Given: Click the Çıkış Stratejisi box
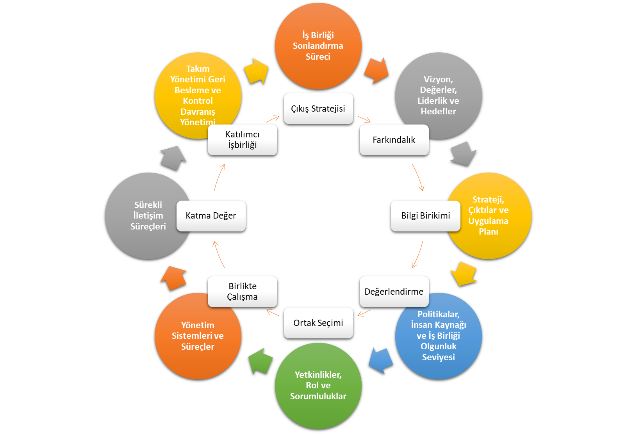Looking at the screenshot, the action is click(318, 108).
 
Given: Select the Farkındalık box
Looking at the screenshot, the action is click(394, 140).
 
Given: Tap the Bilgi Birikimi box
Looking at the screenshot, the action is click(425, 216).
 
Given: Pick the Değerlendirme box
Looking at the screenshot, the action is click(394, 292).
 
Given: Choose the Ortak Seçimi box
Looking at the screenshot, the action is click(318, 323).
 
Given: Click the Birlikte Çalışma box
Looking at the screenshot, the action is click(243, 292).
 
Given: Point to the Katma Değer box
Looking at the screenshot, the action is click(211, 216).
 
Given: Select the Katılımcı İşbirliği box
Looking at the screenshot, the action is click(243, 140).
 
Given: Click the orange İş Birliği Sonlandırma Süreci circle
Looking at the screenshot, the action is click(318, 46).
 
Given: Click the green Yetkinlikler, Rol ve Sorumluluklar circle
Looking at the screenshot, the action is click(318, 386).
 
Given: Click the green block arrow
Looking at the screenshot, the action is click(260, 361).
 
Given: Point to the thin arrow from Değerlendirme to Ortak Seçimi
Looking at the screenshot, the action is click(364, 313).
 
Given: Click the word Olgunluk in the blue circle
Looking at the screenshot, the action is click(439, 347).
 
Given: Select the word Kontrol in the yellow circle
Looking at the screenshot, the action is click(198, 101).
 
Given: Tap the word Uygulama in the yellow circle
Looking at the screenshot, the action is click(488, 221).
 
